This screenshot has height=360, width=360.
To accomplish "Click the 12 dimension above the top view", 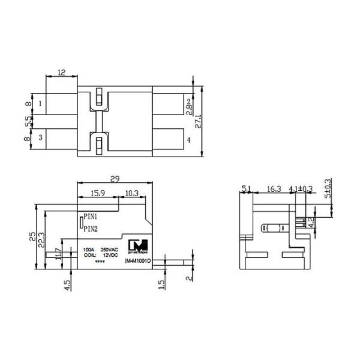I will point(61,73).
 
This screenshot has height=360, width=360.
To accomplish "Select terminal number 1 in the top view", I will point(40,103).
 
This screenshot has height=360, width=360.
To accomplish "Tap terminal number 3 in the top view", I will point(40,137).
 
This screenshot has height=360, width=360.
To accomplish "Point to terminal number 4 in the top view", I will point(188,140).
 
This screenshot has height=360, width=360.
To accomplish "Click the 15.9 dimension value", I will point(99,193).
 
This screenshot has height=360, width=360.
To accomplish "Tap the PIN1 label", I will point(91,215).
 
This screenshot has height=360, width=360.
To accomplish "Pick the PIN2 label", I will point(91,229).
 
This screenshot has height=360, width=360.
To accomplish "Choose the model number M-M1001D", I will point(139,261).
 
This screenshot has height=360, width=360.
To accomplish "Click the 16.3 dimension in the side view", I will point(273,189).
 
